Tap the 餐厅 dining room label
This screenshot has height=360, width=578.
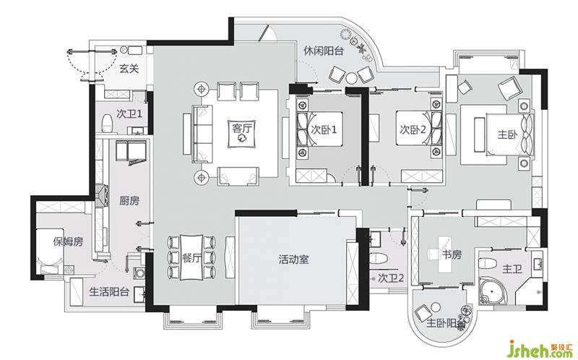click(191, 258)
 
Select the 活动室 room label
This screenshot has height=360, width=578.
click(293, 260)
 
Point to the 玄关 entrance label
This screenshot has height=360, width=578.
click(129, 68)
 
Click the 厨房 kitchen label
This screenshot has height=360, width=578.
click(129, 201)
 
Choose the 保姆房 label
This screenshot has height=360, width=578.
click(68, 241)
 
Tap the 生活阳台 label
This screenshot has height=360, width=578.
click(109, 292)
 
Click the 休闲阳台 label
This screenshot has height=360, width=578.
click(323, 51)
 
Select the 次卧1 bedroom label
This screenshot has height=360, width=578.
click(324, 130)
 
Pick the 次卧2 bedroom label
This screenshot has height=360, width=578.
click(413, 129)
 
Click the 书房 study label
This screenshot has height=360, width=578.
click(452, 254)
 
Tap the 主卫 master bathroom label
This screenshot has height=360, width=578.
click(512, 270)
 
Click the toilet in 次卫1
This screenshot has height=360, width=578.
click(107, 124)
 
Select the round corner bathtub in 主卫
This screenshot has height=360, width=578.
click(493, 292)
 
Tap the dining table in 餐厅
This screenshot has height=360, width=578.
click(191, 257)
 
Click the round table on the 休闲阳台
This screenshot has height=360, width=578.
click(352, 78)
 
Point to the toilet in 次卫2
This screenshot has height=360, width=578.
click(377, 259)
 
